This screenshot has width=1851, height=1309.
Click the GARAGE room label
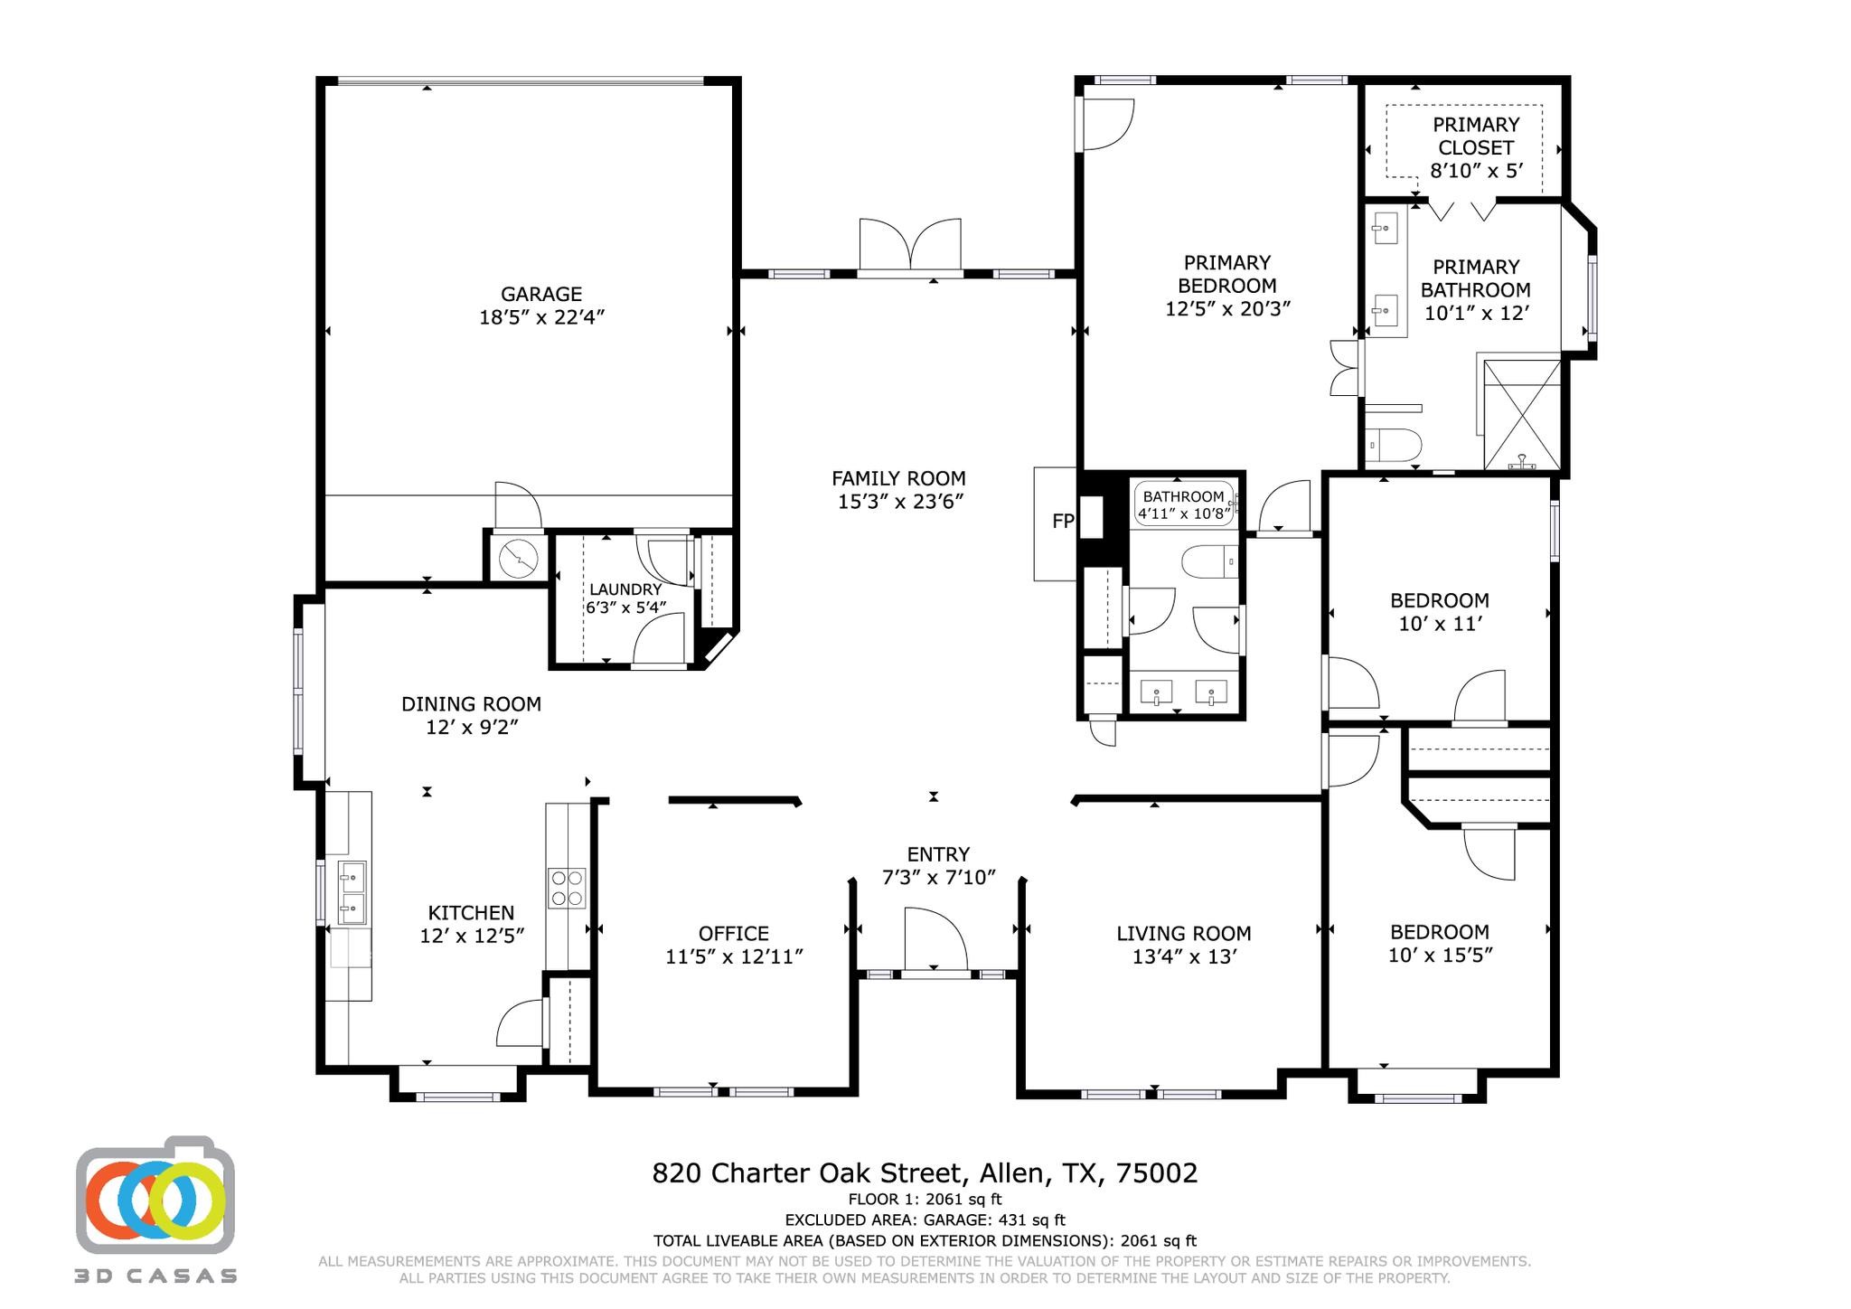click(x=540, y=294)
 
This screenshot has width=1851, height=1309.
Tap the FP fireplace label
click(x=1063, y=522)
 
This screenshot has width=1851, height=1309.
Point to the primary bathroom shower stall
click(x=1523, y=415)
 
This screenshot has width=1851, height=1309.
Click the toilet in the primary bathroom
click(x=1395, y=445)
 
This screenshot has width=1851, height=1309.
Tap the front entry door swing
click(x=936, y=940)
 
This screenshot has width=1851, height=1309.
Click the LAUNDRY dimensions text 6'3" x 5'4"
click(x=625, y=608)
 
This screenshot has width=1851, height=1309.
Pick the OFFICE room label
click(x=734, y=933)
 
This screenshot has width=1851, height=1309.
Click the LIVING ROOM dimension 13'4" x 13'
click(x=1184, y=956)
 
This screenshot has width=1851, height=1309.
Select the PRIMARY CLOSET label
click(x=1476, y=136)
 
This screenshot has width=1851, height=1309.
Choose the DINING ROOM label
click(x=471, y=703)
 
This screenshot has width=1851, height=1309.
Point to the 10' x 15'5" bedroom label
click(x=1440, y=955)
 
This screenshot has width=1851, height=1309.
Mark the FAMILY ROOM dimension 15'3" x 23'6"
click(x=899, y=502)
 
